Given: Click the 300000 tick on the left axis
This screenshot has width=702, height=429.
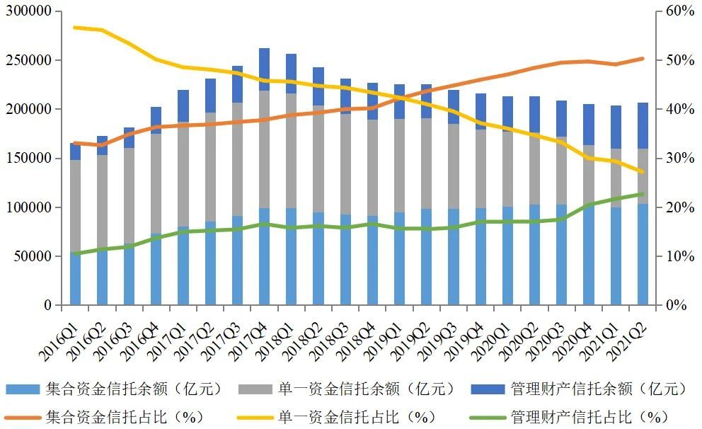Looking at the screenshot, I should (x=28, y=12).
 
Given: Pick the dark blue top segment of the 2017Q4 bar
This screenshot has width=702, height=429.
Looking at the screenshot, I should (x=264, y=69).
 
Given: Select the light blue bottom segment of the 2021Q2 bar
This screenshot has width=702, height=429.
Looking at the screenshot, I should (x=642, y=255).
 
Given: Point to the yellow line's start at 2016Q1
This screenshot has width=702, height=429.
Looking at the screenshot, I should (x=75, y=28).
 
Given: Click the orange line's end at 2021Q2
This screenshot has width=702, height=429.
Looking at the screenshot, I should (x=642, y=59).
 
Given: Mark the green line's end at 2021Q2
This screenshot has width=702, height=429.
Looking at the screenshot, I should (x=642, y=194).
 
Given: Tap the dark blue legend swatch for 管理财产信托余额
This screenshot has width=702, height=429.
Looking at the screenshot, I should (x=486, y=389).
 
